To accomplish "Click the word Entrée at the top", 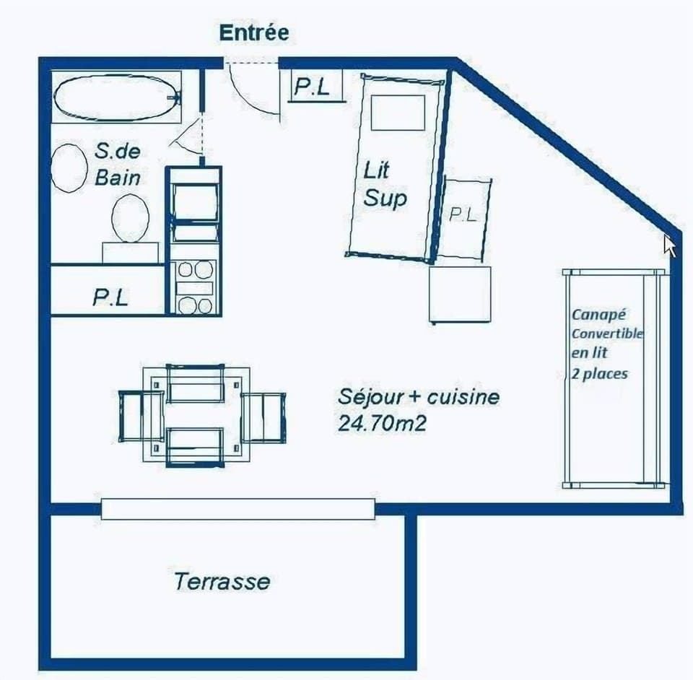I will (253, 32).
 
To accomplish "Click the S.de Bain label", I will (117, 164).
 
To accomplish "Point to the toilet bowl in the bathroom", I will (130, 217).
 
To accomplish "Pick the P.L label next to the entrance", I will (312, 87).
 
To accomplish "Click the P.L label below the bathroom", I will (110, 297).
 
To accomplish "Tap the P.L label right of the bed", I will (463, 214).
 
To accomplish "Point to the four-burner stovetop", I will (195, 287).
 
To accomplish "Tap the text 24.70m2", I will (382, 423).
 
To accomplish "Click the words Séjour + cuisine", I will (418, 397).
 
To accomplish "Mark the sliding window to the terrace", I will (238, 509).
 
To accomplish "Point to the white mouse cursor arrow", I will (670, 245).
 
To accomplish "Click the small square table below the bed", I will (460, 294).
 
